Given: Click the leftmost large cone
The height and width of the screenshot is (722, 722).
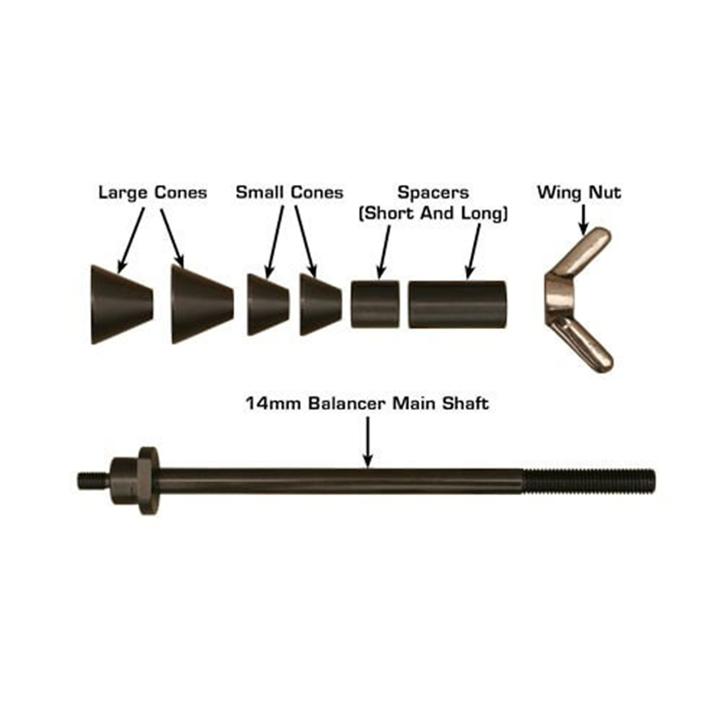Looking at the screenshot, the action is point(121,304).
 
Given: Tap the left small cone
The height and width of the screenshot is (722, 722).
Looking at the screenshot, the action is point(268,304).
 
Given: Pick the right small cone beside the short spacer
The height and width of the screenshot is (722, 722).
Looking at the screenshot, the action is point(321,305).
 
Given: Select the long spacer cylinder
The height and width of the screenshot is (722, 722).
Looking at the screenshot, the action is point(457,305).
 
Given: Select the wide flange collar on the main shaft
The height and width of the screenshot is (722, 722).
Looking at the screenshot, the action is point(150,481).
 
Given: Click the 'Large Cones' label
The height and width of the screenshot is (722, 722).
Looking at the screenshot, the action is point(152,193).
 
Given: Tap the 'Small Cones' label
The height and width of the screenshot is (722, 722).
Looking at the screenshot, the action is point(289,193).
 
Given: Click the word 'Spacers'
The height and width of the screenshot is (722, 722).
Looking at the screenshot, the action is point(433,193).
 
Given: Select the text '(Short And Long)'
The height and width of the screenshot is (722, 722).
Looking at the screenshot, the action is point(433,214).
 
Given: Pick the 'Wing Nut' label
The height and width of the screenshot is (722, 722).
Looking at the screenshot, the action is point(579,193).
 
